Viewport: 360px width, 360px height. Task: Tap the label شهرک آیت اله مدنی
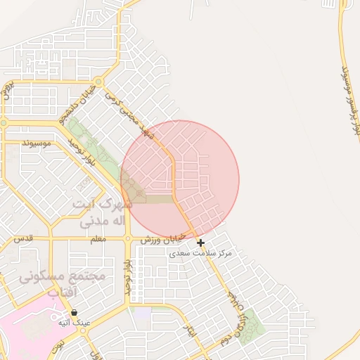(x=100, y=213)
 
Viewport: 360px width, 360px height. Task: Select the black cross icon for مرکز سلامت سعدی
(x=201, y=243)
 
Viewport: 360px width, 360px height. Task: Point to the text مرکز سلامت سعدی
(x=200, y=253)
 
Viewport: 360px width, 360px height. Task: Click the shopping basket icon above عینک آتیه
(x=74, y=312)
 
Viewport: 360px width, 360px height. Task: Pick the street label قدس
(x=24, y=239)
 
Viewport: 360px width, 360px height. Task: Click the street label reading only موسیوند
(x=37, y=143)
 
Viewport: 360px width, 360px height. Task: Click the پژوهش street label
(x=9, y=91)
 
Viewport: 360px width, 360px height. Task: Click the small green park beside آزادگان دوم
(x=252, y=322)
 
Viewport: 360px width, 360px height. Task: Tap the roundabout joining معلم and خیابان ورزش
(x=127, y=239)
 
